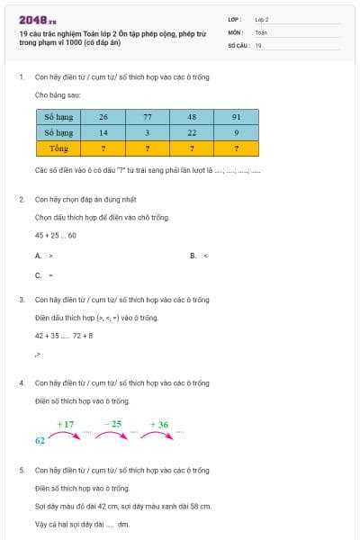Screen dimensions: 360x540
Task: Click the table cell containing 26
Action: coord(103,117)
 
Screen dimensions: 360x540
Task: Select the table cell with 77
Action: coord(148,117)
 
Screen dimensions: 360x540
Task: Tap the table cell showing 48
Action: coord(192,117)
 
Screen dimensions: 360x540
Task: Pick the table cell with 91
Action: coord(236,117)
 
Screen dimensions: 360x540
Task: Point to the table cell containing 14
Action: coord(103,132)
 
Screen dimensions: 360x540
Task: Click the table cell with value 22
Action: coord(192,132)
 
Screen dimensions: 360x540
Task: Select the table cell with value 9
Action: coord(236,132)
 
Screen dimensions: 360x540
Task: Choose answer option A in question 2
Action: coord(43,256)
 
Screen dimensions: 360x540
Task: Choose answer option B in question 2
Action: coord(199,256)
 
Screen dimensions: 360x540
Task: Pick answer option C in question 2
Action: coord(43,275)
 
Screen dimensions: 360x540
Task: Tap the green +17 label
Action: coord(66,423)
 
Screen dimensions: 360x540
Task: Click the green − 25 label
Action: coord(112,423)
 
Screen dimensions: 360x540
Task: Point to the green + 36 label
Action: coord(158,423)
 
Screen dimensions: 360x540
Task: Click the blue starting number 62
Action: coord(40,441)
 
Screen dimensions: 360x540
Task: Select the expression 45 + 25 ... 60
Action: coord(55,235)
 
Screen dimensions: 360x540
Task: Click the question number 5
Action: coord(22,470)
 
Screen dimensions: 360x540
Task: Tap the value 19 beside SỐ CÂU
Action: coord(259,44)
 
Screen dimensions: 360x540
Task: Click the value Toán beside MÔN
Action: coord(261,31)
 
